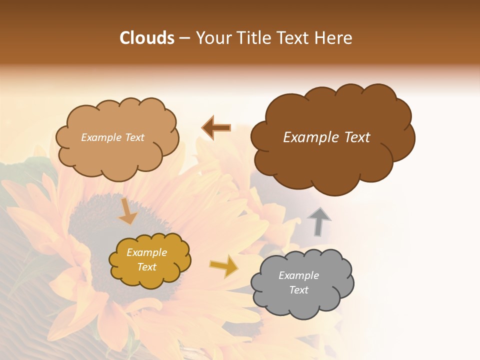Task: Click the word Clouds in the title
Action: point(147,38)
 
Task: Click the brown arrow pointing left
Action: point(216,128)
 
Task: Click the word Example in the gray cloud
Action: point(298,275)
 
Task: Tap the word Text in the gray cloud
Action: point(298,290)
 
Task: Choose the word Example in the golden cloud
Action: point(146,252)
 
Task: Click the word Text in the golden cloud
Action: point(146,267)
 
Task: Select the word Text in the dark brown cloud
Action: point(353,137)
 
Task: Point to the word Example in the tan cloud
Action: point(100,137)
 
